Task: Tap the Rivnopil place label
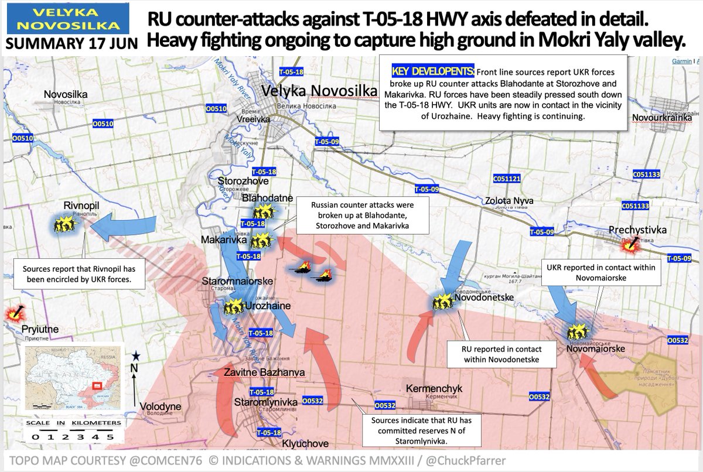click(81, 206)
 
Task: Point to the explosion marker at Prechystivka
click(630, 247)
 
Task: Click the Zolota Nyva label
click(507, 200)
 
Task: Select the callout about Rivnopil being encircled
click(79, 274)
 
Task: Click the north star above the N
click(136, 355)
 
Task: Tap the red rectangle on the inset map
click(98, 387)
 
